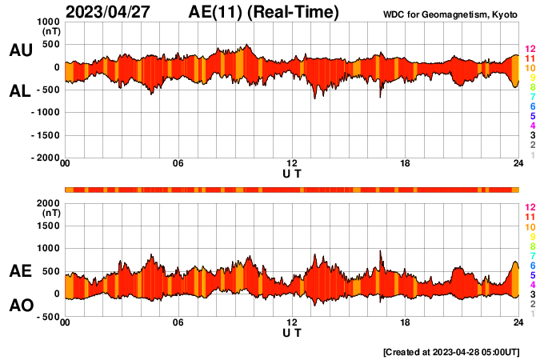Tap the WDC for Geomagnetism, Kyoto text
point(450,15)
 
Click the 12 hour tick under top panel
point(292,165)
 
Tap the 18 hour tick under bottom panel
point(406,323)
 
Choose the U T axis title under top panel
point(292,174)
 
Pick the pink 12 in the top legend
point(530,49)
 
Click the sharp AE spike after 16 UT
point(381,251)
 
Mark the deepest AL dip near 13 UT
point(314,98)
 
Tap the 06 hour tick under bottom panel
point(178,323)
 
